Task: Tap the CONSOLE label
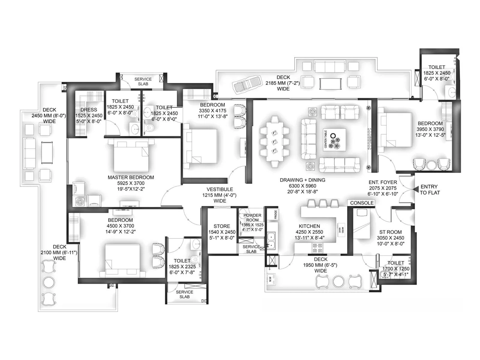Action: [x=362, y=203]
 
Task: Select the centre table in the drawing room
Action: [x=334, y=140]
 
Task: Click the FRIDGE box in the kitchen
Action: [x=275, y=214]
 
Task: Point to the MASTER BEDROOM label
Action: [x=131, y=178]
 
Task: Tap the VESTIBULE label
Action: [x=220, y=190]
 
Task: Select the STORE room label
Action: [x=222, y=226]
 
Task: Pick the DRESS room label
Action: [x=88, y=110]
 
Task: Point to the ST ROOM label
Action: [x=390, y=232]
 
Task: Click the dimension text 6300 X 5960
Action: [x=302, y=186]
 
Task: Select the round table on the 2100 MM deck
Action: [x=49, y=282]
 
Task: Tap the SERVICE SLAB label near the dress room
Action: [x=143, y=81]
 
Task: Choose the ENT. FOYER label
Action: [x=383, y=182]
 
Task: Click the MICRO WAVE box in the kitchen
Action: [x=341, y=230]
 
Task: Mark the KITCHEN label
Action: [x=309, y=226]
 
